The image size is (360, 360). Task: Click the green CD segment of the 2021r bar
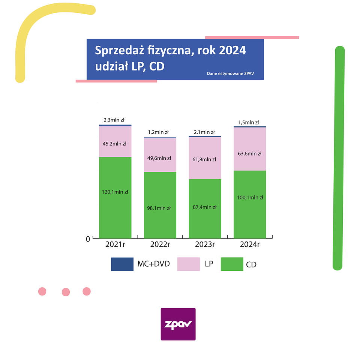pos(115,214)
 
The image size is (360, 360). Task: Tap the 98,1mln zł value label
pos(159,208)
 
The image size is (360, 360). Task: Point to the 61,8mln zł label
pos(204,159)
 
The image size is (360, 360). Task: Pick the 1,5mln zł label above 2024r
pos(249,122)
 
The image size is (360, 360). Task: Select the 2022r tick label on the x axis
pos(160,245)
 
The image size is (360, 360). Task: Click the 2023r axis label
pos(205,245)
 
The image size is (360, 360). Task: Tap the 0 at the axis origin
pos(88,239)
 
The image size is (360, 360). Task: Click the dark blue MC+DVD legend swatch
pos(122,264)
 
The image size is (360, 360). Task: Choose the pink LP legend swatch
pos(188,264)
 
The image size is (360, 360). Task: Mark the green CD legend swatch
pos(232,264)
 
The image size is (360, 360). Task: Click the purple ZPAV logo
pos(178,324)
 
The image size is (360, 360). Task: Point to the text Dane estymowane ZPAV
pos(231,73)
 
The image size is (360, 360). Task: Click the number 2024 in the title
pos(232,50)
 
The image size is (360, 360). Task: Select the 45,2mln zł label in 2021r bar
pos(114,144)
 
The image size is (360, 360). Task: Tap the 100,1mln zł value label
pos(250,198)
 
